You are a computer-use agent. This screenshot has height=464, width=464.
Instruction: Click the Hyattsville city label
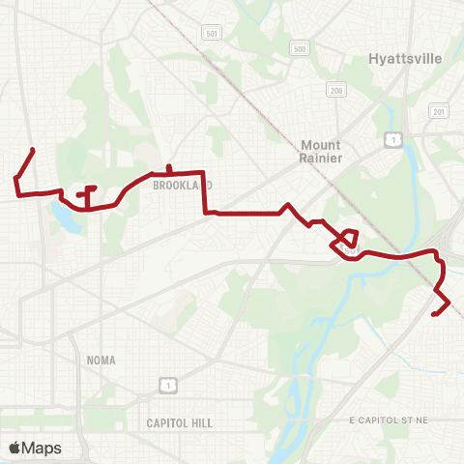(x=405, y=58)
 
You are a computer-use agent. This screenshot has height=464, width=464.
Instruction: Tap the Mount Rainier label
(x=320, y=152)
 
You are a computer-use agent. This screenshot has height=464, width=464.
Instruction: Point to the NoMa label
(x=101, y=360)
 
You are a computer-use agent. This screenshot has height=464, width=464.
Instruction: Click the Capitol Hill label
(x=179, y=423)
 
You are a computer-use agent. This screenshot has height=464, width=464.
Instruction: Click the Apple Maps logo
(x=35, y=448)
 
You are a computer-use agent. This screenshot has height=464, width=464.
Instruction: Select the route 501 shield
(x=212, y=33)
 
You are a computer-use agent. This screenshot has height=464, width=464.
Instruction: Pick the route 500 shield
(x=300, y=47)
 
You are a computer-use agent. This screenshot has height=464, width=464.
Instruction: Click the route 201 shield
(x=440, y=112)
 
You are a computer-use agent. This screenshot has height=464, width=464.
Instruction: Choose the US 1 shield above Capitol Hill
(x=168, y=386)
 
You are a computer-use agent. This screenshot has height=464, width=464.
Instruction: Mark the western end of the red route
(x=34, y=149)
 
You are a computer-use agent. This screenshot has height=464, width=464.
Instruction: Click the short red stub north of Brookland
(x=169, y=168)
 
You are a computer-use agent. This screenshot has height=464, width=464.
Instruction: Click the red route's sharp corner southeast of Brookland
(x=204, y=213)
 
